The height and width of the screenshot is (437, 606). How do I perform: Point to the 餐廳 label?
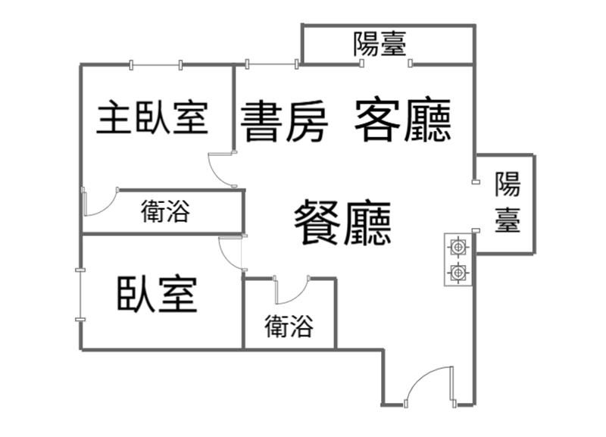pos(343,222)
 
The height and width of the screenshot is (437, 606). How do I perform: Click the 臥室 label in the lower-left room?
pos(157,295)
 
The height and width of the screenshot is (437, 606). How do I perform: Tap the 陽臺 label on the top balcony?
pos(380,45)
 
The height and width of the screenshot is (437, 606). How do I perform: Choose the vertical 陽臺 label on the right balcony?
pos(508,202)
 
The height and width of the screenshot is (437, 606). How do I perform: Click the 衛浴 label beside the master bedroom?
pos(164,212)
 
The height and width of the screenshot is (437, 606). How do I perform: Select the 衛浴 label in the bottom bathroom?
pos(289,326)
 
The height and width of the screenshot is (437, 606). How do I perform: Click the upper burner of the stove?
pos(458,246)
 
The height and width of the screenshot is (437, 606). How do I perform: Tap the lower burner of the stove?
pos(458,273)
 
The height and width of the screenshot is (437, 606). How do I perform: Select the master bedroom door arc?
pos(222,170)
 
